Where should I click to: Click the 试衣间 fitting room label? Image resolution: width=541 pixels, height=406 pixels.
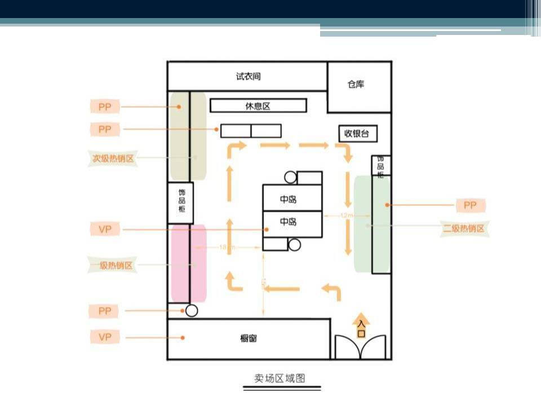(x=249, y=76)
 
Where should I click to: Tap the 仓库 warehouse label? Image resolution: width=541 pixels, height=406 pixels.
(x=356, y=85)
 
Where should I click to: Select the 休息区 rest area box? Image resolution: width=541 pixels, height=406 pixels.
(x=258, y=105)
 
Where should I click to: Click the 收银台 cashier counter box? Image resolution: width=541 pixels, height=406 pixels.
(x=357, y=134)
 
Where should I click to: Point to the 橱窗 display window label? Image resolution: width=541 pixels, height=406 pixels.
(x=249, y=339)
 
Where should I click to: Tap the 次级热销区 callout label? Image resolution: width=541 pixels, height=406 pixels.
(x=114, y=158)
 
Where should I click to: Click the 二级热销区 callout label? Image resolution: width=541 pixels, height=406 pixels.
(x=464, y=229)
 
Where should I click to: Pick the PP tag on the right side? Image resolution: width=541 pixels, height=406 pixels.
(x=470, y=205)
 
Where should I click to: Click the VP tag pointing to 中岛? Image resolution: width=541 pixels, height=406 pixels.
(x=105, y=230)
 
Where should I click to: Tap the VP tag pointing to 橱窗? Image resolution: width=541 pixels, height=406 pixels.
(x=105, y=337)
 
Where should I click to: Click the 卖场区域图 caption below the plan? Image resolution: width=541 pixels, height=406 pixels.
(x=280, y=378)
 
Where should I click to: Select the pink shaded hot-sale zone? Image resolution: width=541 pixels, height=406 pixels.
(x=188, y=263)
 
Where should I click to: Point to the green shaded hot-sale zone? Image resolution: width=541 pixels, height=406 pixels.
(x=371, y=224)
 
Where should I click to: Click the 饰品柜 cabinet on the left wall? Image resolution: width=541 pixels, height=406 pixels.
(x=180, y=202)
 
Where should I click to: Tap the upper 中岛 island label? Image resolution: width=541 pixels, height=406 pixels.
(x=289, y=200)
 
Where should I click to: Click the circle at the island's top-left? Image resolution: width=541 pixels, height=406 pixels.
(x=290, y=178)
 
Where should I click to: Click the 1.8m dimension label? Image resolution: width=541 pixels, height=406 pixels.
(x=227, y=247)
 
